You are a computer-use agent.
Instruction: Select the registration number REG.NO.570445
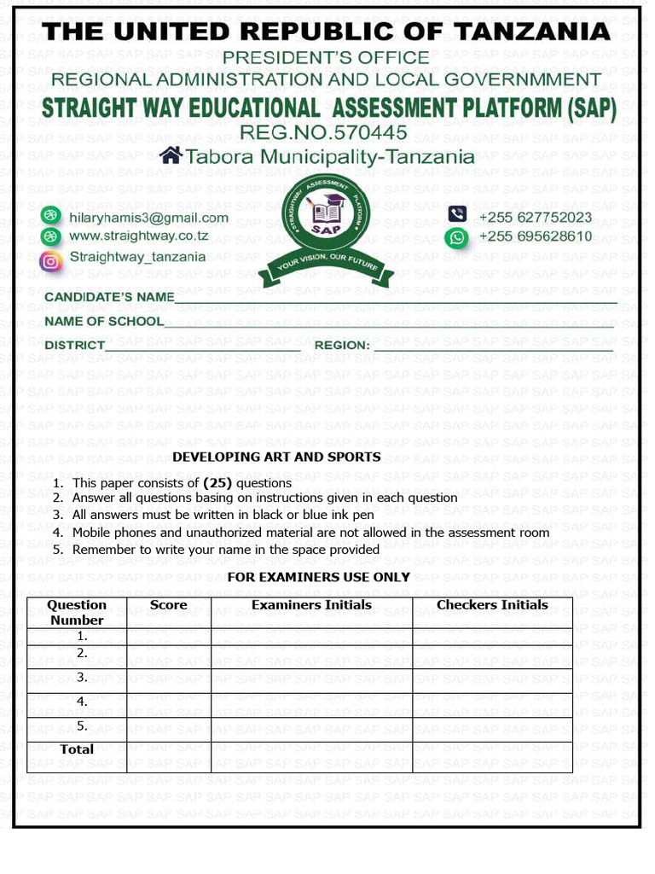click(x=323, y=132)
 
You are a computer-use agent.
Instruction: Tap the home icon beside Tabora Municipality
click(x=171, y=155)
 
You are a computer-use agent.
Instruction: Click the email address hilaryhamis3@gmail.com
click(x=148, y=218)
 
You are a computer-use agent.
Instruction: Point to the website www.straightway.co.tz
click(x=138, y=236)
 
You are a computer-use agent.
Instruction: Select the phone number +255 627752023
click(x=535, y=218)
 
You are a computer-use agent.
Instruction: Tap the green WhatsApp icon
click(x=458, y=237)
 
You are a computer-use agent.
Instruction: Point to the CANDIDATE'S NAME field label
click(x=109, y=297)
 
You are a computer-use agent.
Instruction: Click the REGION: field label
click(x=342, y=346)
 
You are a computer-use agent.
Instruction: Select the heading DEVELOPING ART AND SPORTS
click(x=276, y=457)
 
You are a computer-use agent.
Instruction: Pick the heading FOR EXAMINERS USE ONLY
click(x=318, y=577)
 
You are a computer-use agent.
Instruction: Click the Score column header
click(x=168, y=605)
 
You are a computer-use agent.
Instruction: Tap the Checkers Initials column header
click(x=492, y=605)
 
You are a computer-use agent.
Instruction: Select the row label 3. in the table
click(x=82, y=677)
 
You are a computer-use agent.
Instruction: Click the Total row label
click(x=77, y=749)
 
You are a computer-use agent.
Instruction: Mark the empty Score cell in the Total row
click(x=168, y=757)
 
